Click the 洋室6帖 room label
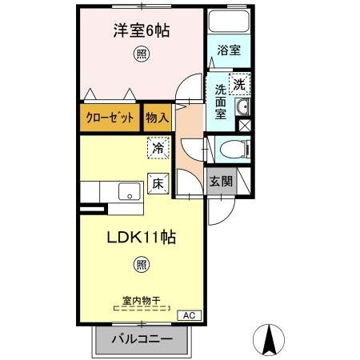pos(140,31)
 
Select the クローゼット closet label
pos(110,118)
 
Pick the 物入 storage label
pos(158,118)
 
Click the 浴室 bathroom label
pos(230,50)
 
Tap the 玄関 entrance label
pos(222,182)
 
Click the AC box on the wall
pos(189,315)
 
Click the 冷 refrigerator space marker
pos(158,148)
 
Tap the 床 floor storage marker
pos(158,182)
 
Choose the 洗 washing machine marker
pos(239,83)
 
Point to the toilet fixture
pos(231,148)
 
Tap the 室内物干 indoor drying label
pos(141,302)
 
